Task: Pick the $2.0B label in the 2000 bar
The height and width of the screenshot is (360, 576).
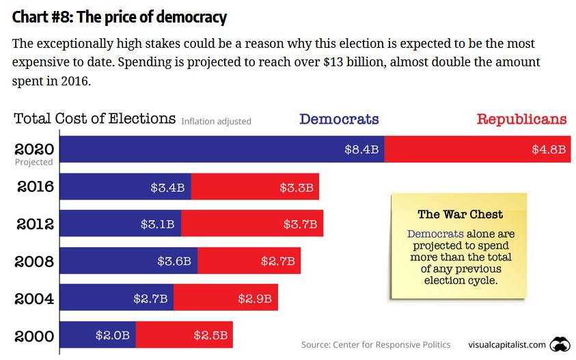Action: tap(112, 335)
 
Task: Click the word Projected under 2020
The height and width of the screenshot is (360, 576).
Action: tap(33, 163)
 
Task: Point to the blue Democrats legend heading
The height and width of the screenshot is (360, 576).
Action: tap(339, 120)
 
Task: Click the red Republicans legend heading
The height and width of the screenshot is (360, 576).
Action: tap(521, 120)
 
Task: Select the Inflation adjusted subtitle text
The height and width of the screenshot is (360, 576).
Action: tap(216, 122)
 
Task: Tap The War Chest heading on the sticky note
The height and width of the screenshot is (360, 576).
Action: tap(460, 214)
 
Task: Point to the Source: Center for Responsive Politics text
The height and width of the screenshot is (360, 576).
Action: tap(376, 344)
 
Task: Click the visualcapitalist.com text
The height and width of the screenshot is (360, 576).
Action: tap(507, 344)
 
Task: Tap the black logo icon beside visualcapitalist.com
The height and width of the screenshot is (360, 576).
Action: tap(560, 344)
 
